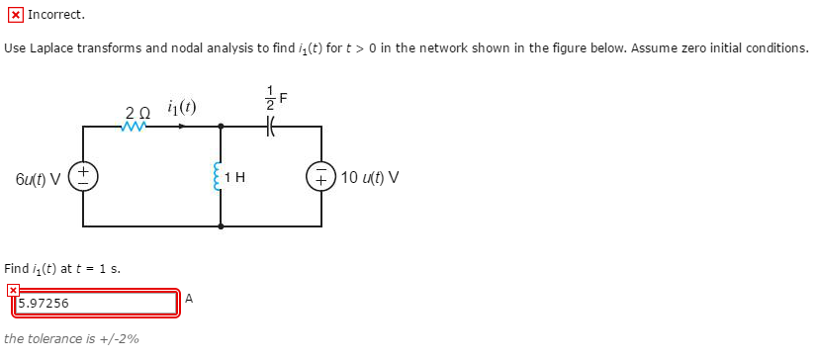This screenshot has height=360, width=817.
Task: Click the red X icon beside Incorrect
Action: click(14, 15)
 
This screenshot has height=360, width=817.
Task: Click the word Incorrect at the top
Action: click(56, 15)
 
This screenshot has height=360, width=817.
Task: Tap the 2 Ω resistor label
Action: click(137, 112)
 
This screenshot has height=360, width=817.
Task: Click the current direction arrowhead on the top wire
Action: click(179, 127)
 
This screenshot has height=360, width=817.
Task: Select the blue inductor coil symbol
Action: click(220, 178)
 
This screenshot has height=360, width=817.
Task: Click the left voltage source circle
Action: click(83, 178)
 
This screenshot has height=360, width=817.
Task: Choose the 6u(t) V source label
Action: click(39, 178)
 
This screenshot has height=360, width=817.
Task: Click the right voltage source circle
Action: click(322, 178)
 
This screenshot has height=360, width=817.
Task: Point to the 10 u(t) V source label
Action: click(370, 178)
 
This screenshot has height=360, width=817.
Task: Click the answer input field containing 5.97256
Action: click(96, 303)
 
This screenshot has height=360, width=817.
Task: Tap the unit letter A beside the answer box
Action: click(189, 297)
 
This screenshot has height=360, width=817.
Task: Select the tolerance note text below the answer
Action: click(71, 338)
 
